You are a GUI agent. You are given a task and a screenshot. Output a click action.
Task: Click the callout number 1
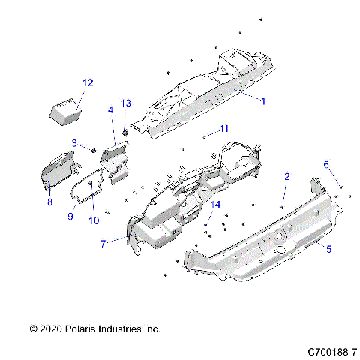262,100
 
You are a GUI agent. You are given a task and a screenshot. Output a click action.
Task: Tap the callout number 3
74,142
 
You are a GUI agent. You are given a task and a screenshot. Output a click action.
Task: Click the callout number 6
326,164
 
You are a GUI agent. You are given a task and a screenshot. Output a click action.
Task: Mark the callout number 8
49,202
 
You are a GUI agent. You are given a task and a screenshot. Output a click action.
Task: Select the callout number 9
70,217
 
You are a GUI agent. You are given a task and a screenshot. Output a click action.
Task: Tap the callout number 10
94,220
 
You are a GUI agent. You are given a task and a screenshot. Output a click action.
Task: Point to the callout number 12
88,82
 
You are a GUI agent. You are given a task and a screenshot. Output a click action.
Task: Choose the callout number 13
125,103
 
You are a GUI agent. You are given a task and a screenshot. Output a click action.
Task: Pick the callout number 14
216,205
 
